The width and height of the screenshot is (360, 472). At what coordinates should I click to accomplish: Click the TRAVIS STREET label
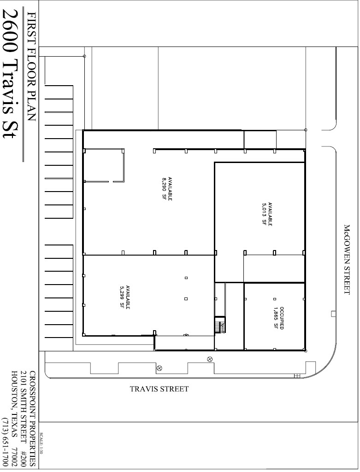click(x=159, y=389)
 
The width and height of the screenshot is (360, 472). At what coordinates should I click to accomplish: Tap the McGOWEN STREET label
click(x=348, y=259)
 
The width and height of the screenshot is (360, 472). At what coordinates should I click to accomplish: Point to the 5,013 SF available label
click(x=267, y=213)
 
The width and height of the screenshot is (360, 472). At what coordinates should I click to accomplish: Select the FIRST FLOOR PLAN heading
click(x=31, y=67)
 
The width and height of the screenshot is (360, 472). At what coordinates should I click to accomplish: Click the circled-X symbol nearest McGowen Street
click(x=210, y=359)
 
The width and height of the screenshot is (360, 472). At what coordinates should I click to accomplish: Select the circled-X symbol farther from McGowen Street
click(x=159, y=368)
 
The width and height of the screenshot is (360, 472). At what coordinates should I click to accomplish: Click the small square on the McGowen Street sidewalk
click(x=333, y=314)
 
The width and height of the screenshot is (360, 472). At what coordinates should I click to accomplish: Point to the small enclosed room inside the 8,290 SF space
click(x=104, y=165)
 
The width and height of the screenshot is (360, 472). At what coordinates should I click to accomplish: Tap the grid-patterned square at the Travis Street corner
click(x=297, y=375)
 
